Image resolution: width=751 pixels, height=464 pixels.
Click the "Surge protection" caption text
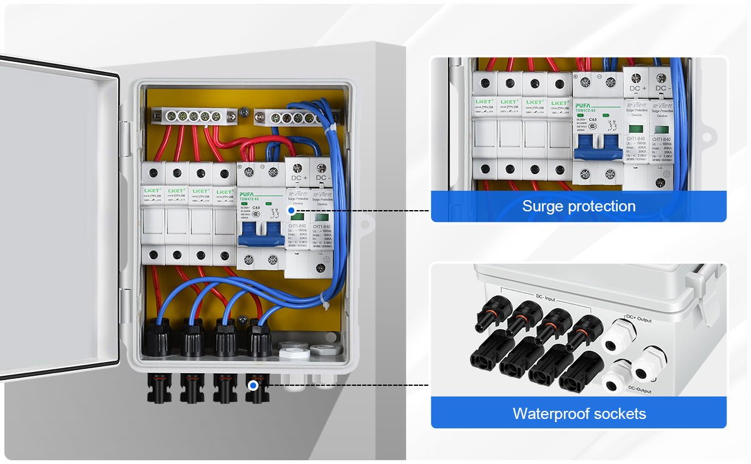coord(578,206)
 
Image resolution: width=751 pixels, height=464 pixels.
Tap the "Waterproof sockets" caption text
coord(579,413)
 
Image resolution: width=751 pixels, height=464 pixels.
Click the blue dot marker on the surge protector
coord(291,211)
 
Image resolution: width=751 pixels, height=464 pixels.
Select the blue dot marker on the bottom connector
coord(253,386)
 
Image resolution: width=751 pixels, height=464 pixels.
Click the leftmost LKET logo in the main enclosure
coord(152,190)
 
